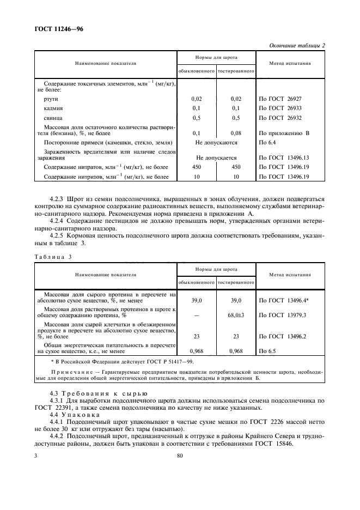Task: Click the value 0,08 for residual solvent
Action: click(236, 133)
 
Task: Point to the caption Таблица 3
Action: click(53, 257)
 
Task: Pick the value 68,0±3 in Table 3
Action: click(236, 315)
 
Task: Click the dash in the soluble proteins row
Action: click(197, 315)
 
